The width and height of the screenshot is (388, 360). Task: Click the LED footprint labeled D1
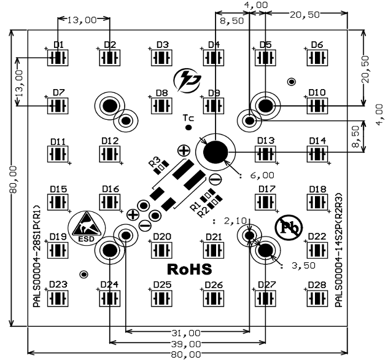point(60,58)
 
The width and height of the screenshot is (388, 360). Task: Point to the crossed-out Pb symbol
point(288,227)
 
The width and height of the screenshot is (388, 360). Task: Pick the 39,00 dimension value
point(187,343)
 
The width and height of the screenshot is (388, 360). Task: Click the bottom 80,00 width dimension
point(187,354)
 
